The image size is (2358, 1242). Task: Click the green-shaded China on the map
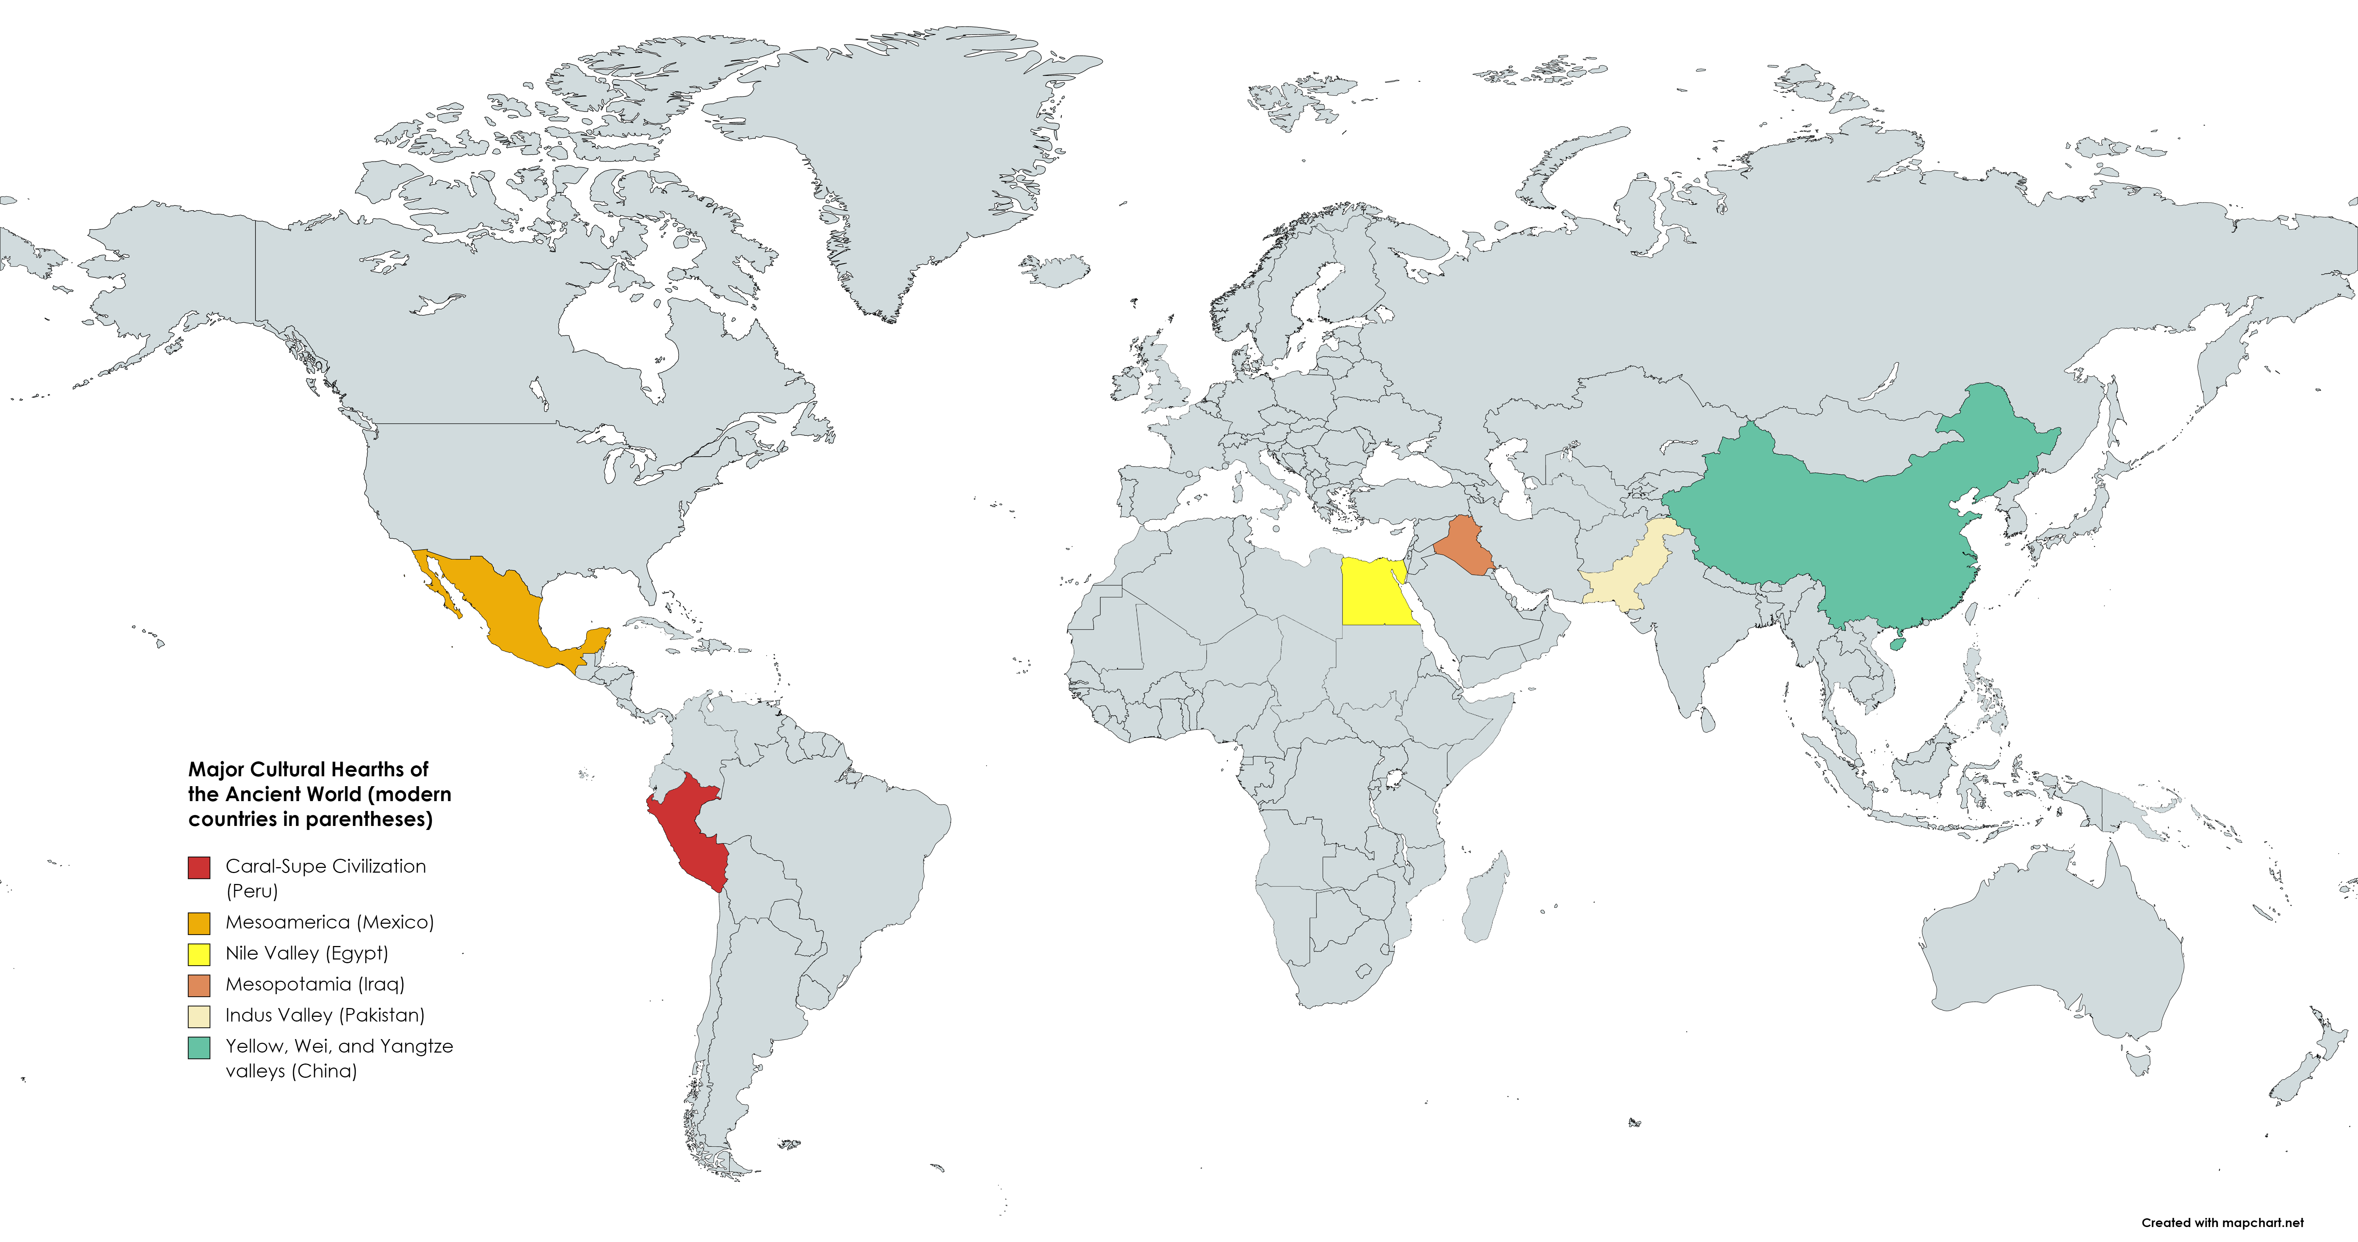tap(1831, 531)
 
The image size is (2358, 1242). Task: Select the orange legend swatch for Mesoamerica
tap(199, 923)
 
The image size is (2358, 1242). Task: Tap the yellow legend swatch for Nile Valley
tap(199, 954)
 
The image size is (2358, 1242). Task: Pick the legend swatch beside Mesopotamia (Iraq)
tap(199, 985)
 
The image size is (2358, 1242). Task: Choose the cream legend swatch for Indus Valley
tap(199, 1016)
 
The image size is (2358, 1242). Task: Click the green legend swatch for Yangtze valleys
tap(199, 1047)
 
